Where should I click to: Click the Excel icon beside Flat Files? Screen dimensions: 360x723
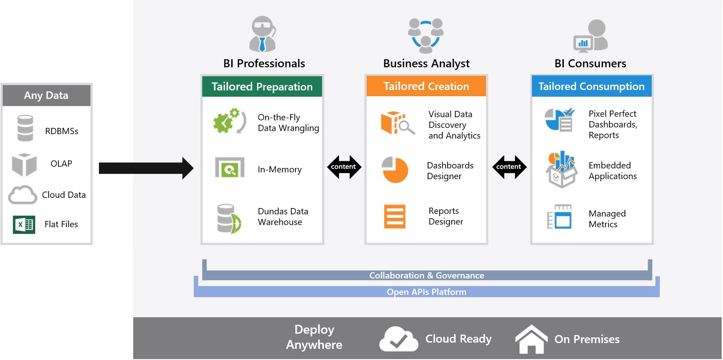24,225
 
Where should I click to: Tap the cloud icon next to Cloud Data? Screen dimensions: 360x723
22,195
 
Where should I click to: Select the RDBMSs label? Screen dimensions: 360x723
61,131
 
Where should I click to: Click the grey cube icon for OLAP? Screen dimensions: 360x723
24,164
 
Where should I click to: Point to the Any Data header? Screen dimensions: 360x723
46,95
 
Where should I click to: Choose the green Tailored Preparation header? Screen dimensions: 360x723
262,86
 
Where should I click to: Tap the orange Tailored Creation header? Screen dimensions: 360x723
426,86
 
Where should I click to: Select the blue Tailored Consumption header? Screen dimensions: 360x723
591,86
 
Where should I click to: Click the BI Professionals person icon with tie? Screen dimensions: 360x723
262,34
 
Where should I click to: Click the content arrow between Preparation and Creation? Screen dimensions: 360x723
343,167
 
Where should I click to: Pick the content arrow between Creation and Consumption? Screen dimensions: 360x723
509,167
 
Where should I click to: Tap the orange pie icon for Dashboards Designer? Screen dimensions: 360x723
395,170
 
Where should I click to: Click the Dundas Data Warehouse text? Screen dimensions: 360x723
283,217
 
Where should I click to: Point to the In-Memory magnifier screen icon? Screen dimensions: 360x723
229,168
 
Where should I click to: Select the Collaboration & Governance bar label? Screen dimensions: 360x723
426,275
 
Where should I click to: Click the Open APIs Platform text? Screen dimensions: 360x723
426,292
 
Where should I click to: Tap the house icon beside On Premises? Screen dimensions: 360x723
531,340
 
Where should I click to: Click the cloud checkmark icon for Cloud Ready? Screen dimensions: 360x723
398,340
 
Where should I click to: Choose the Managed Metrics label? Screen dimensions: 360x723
607,219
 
